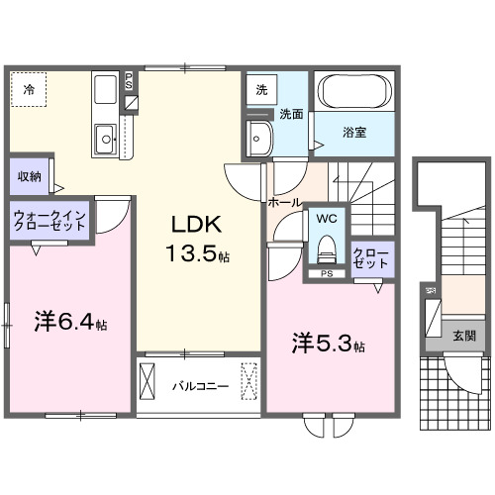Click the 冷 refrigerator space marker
pos(29,90)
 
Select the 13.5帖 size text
pos(196,253)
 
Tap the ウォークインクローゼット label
pos(50,220)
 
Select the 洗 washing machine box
pos(261,89)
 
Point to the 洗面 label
pos(289,114)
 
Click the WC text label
pos(325,215)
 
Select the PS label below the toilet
pos(325,273)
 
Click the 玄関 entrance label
pos(463,336)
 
